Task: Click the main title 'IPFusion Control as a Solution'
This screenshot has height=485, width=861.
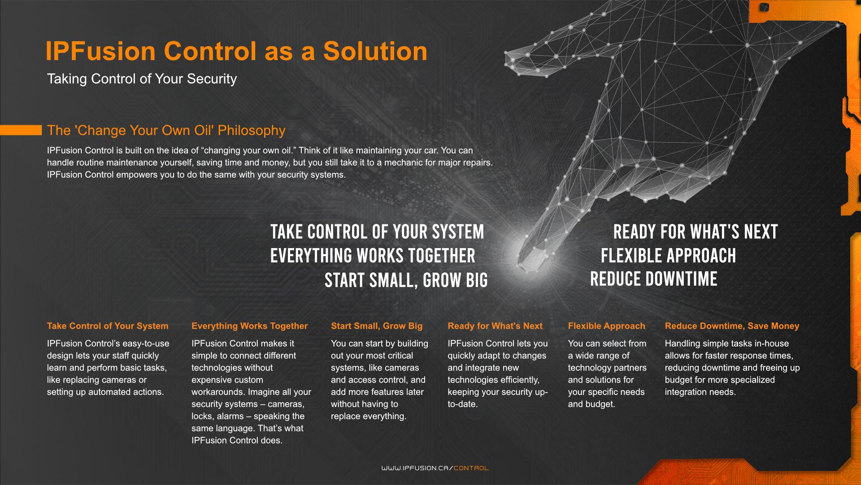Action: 236,51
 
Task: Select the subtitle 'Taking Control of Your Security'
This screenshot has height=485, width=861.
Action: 142,79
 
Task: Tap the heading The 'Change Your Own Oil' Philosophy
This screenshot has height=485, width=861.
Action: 166,131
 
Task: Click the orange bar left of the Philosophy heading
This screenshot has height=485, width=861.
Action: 21,130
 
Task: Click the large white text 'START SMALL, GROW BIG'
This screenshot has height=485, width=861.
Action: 406,280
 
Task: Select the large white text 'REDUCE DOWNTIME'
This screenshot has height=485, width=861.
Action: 653,279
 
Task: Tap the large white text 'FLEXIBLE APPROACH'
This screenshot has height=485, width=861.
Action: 668,256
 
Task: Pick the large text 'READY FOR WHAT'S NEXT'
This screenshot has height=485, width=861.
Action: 695,232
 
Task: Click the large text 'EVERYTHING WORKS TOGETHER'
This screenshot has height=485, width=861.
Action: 373,256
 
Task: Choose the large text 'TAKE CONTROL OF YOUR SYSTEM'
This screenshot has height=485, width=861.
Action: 377,232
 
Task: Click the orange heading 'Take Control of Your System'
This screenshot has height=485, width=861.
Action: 108,326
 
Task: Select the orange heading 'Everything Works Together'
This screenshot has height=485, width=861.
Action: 249,326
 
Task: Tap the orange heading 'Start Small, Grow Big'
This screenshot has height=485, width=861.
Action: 377,326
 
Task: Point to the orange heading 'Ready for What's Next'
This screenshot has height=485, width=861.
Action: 495,326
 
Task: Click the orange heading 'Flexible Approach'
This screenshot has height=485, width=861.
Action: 606,326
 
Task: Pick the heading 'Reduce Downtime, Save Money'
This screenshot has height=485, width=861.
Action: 732,326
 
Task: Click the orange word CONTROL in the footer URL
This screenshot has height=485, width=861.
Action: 471,468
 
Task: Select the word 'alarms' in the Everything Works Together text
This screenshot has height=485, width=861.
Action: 229,416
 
